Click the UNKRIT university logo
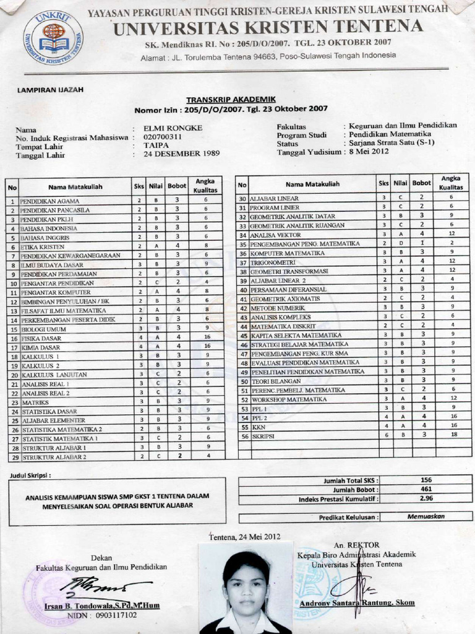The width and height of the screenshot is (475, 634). coord(53,38)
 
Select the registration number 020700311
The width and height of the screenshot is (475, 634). coord(163,137)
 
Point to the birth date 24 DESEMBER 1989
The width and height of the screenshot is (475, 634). coord(181,154)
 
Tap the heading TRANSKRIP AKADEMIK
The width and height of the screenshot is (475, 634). coord(231,100)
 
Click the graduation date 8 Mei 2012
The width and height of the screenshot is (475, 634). coord(369,152)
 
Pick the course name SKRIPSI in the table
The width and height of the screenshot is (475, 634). coord(262,436)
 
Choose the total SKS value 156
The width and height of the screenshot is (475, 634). coord(426,480)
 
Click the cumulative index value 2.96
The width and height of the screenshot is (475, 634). coord(426,498)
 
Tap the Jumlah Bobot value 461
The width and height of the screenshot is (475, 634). coord(426,489)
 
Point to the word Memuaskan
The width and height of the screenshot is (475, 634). coord(426,516)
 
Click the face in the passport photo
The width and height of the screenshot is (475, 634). coord(246,588)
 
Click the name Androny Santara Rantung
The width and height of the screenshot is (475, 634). coord(357,603)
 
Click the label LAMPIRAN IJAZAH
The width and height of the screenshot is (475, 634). coord(50,90)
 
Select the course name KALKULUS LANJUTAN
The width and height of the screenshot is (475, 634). coord(54,375)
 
